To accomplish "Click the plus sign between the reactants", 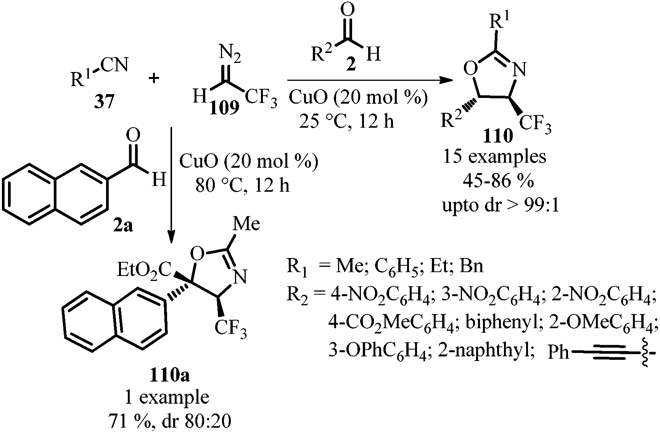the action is click(154, 79).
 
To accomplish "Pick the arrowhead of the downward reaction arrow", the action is click(172, 236).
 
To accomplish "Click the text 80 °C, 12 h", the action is click(243, 186).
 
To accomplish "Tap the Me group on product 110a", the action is click(246, 224).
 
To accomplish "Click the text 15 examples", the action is click(494, 157).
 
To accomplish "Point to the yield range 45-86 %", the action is click(498, 181).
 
